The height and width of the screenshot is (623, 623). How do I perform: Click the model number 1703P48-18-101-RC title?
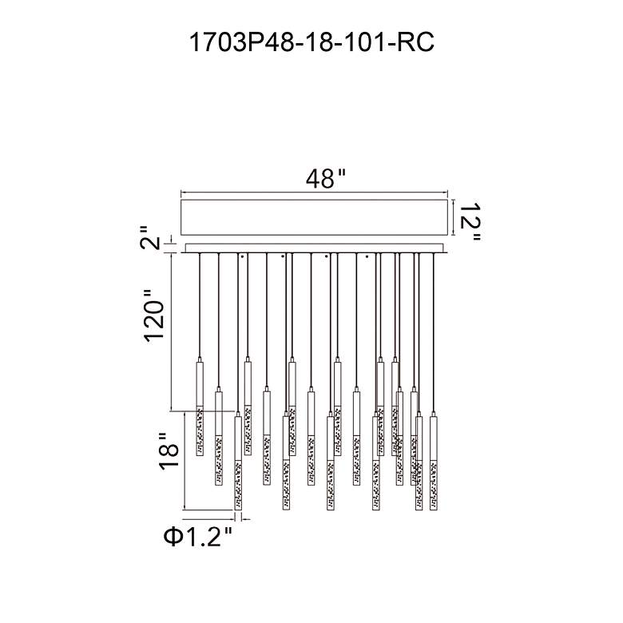coord(311,42)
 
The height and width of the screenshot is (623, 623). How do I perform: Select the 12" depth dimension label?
coord(470,222)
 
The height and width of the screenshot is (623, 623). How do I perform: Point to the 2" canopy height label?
coord(151,237)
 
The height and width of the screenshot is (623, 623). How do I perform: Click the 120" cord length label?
coord(154,315)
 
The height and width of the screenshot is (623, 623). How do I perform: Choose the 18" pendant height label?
coord(169,451)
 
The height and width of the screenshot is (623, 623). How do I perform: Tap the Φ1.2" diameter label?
coord(197,537)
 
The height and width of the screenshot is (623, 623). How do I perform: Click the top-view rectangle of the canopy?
coord(314,217)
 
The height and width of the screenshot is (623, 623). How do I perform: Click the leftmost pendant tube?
coord(200,407)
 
